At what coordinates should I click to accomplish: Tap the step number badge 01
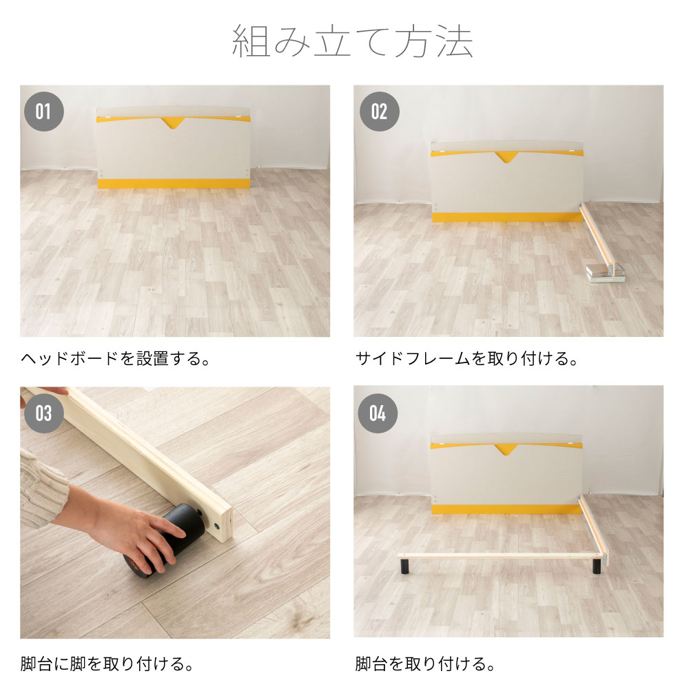click(x=44, y=111)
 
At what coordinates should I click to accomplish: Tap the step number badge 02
click(x=378, y=111)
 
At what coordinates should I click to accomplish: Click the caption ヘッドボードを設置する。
click(x=115, y=359)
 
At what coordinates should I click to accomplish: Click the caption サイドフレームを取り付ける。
click(x=466, y=359)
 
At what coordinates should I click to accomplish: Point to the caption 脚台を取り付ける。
click(x=425, y=664)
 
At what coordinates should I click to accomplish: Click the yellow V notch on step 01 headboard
click(x=172, y=123)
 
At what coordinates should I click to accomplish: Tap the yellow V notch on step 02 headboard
click(x=506, y=157)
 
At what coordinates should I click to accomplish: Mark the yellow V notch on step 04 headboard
click(x=506, y=450)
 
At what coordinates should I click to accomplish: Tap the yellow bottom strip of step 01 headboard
click(x=173, y=183)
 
